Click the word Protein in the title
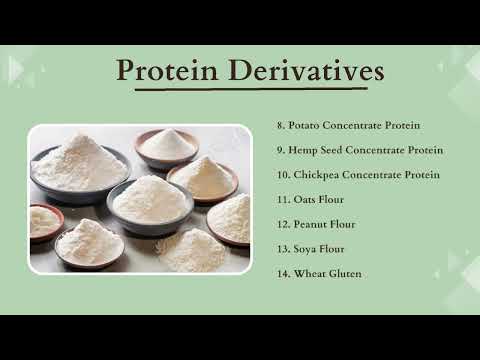(x=167, y=71)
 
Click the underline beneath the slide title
(x=246, y=91)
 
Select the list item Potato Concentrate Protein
(x=347, y=126)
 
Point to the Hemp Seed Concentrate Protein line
(x=359, y=150)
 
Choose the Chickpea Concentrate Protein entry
(x=358, y=175)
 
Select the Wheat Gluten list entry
(x=319, y=273)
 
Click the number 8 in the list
(x=280, y=126)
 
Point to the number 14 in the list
(x=282, y=273)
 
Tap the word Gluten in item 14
(x=345, y=273)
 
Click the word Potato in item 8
(x=304, y=126)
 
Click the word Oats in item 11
(x=303, y=199)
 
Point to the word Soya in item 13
(x=304, y=248)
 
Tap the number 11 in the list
(x=282, y=199)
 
